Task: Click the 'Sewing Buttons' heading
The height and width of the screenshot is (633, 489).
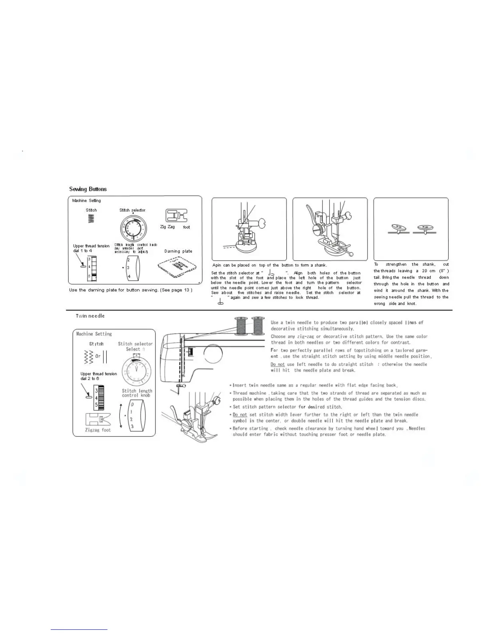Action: pos(88,189)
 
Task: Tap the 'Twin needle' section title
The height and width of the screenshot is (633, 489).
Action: pos(90,316)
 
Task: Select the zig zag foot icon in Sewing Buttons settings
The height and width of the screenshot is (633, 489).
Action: pos(177,216)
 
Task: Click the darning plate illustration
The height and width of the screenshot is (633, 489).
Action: pos(178,267)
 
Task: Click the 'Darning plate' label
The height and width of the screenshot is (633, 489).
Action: pos(178,251)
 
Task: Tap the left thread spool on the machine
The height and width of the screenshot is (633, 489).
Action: pos(241,325)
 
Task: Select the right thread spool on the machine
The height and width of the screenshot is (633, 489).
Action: pos(258,325)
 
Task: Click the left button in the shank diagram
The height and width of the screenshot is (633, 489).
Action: pos(399,229)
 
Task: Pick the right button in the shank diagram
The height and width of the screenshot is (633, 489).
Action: pos(424,229)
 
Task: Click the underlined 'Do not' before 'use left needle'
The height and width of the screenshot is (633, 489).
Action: pos(278,364)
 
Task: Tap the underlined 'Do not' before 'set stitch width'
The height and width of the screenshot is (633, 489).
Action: pos(240,414)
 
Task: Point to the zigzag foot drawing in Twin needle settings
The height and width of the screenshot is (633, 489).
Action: pos(98,420)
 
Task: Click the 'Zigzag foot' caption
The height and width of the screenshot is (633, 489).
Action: pos(98,430)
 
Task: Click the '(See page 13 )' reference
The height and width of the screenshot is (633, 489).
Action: pos(176,290)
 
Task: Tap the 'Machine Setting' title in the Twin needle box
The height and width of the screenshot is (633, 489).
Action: pos(94,334)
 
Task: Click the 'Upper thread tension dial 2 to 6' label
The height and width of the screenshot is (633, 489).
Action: pos(99,376)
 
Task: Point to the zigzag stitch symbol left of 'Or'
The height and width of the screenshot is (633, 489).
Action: pos(89,356)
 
